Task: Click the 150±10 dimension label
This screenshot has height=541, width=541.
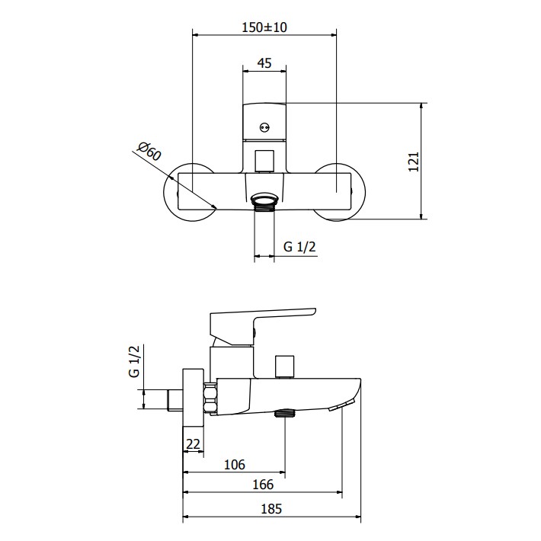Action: [264, 27]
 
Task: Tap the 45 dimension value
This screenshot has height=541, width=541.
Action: [264, 63]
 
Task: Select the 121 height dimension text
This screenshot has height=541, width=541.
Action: [413, 162]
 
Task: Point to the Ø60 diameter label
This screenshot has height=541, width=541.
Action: [149, 151]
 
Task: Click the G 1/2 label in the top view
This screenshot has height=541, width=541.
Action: [299, 247]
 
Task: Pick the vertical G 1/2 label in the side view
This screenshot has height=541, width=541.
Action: [134, 361]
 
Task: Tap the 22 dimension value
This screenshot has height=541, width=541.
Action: [193, 444]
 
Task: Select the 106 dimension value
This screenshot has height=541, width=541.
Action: [235, 465]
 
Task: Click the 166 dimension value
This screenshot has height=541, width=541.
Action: [263, 485]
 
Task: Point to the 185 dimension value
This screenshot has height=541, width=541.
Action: [271, 509]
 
